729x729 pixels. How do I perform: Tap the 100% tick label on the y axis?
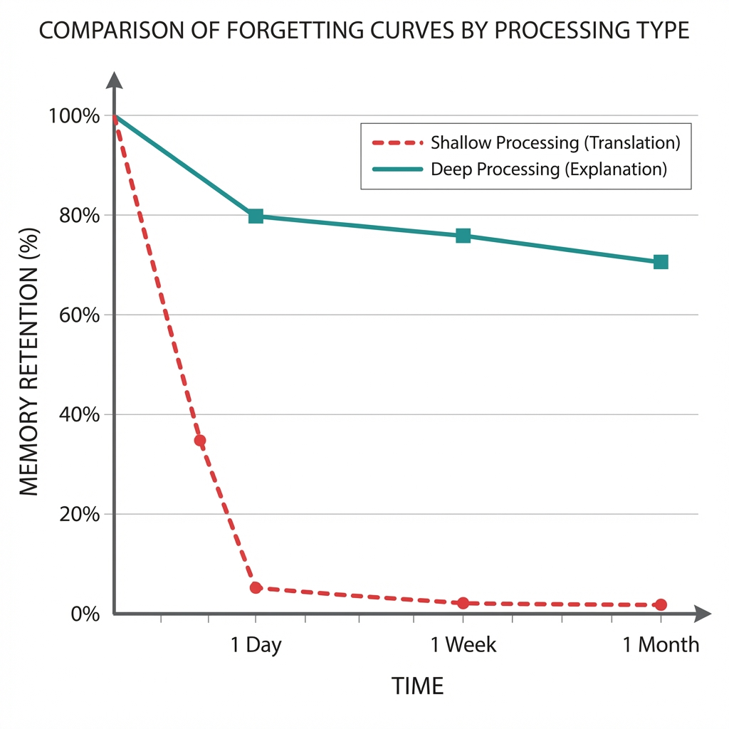coord(75,116)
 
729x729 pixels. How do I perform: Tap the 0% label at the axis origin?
coord(84,614)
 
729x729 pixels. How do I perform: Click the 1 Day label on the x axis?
coord(256,646)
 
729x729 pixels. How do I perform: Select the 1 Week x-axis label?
coord(463,646)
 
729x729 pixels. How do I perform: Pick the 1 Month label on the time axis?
coord(661,646)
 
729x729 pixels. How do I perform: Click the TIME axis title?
coord(417,686)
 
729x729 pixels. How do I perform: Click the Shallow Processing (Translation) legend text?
coord(555,143)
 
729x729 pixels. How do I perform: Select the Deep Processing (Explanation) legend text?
coord(548,170)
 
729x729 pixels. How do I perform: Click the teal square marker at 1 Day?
coord(256,216)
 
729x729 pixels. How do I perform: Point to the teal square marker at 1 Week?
coord(463,236)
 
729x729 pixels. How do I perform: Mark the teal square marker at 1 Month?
coord(661,262)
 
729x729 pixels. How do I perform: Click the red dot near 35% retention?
coord(200,441)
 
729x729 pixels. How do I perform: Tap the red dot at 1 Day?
coord(256,588)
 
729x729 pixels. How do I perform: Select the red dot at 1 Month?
coord(661,604)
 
